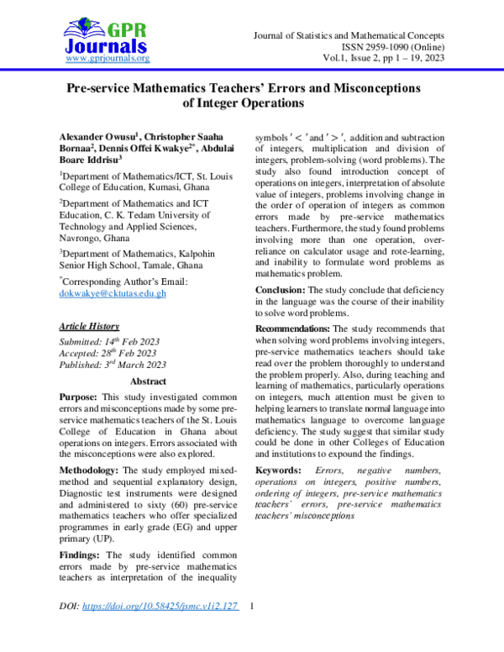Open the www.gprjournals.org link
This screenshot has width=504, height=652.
point(107,59)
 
